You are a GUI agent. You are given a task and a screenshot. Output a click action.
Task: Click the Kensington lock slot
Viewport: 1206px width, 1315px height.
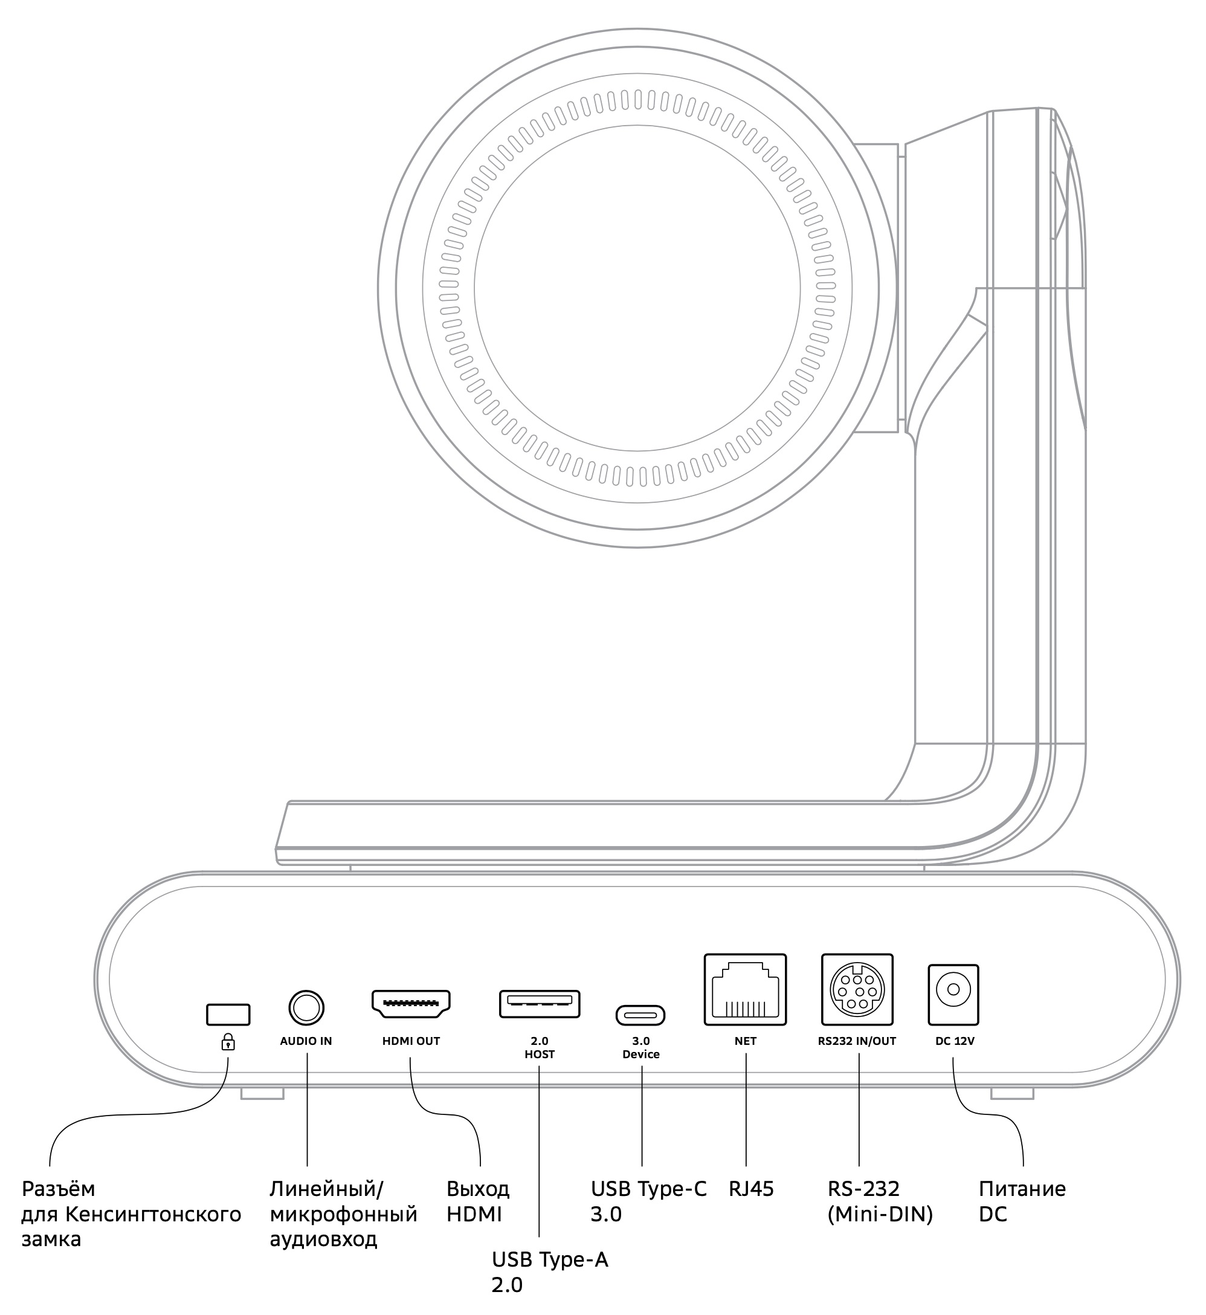click(x=228, y=1014)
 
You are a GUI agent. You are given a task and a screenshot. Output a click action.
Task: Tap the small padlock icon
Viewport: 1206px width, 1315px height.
click(x=228, y=1042)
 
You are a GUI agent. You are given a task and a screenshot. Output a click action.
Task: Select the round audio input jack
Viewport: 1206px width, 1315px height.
click(x=306, y=1008)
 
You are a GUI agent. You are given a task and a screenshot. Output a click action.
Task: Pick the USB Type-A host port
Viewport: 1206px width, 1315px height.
click(x=540, y=1004)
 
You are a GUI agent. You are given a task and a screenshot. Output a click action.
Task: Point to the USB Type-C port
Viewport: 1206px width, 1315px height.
click(x=640, y=1015)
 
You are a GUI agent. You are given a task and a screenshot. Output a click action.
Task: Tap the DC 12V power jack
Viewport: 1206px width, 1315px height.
click(x=953, y=995)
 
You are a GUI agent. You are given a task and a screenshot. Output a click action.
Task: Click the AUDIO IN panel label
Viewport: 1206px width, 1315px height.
click(x=306, y=1042)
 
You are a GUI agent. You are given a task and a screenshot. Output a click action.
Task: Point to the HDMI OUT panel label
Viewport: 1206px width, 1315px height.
click(x=411, y=1042)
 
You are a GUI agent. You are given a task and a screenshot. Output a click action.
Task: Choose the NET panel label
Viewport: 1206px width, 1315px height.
click(x=745, y=1042)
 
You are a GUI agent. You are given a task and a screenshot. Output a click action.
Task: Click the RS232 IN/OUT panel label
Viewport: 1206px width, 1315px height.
click(x=857, y=1042)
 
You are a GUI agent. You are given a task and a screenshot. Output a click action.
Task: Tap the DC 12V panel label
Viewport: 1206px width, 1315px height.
click(x=955, y=1042)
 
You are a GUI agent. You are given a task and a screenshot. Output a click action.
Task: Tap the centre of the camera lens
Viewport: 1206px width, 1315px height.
click(x=637, y=288)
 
